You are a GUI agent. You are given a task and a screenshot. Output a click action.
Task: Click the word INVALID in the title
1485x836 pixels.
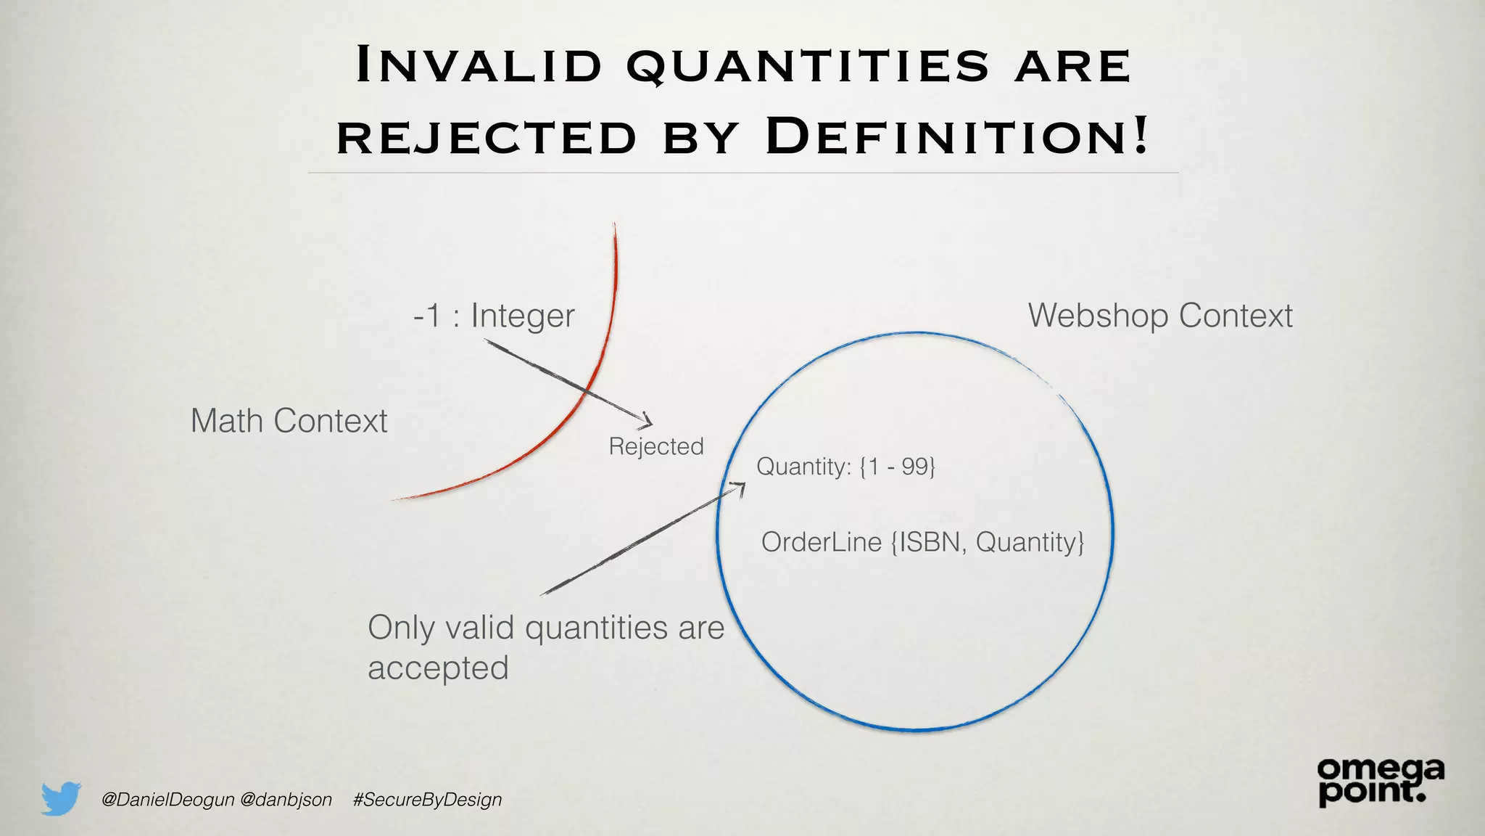tap(479, 65)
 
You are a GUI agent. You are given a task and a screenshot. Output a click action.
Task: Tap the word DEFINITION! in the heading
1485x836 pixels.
tap(957, 136)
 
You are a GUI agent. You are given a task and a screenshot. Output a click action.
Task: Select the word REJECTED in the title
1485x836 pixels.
tap(487, 137)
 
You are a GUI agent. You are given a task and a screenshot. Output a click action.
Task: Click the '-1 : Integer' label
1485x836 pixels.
tap(494, 316)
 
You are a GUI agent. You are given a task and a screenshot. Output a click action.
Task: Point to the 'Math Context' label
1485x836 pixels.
tap(289, 421)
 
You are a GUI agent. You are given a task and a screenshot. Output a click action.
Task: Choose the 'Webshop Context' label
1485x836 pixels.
tap(1160, 316)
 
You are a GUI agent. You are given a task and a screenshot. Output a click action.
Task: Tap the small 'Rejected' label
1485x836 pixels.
tap(656, 446)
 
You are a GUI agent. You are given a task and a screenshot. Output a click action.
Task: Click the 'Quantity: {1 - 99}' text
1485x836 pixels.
tap(845, 466)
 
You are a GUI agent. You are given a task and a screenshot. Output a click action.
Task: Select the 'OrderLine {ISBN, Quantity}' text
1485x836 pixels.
tap(922, 542)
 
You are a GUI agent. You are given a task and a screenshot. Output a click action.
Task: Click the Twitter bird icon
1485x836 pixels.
tap(61, 798)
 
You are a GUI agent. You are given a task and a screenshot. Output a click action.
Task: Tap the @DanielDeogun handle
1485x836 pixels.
tap(167, 800)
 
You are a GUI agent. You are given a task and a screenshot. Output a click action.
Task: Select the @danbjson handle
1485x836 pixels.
tap(286, 800)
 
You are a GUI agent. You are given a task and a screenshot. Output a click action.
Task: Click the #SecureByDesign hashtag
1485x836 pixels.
tap(427, 800)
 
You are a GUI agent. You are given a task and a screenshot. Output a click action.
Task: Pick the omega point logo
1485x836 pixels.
tap(1380, 782)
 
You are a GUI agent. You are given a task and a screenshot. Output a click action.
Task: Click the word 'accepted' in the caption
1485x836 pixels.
tap(438, 668)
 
